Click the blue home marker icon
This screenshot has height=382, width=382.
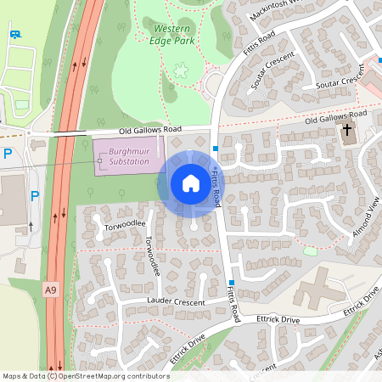coord(190,183)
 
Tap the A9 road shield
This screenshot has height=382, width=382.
coord(50,289)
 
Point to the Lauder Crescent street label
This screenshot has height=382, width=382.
coord(177,301)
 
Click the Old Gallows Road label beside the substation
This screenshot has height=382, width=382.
coord(150,130)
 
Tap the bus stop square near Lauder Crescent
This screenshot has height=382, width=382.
coord(232,282)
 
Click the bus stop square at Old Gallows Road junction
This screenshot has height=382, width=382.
coord(216,148)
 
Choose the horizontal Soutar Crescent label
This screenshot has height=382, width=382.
coord(339,85)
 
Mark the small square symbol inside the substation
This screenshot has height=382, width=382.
coord(99,160)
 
